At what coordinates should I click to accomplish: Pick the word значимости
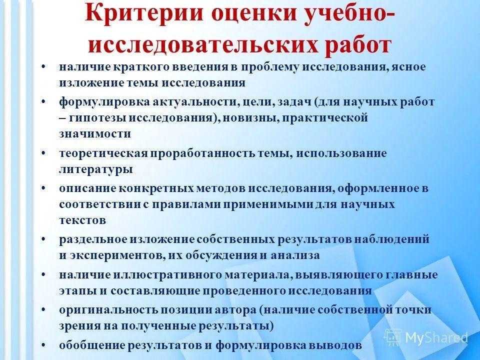coord(95,133)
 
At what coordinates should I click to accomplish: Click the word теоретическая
coord(103,153)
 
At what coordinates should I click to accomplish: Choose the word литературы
coord(95,169)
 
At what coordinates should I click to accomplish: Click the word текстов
coord(82,220)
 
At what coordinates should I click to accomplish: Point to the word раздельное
coord(93,239)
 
